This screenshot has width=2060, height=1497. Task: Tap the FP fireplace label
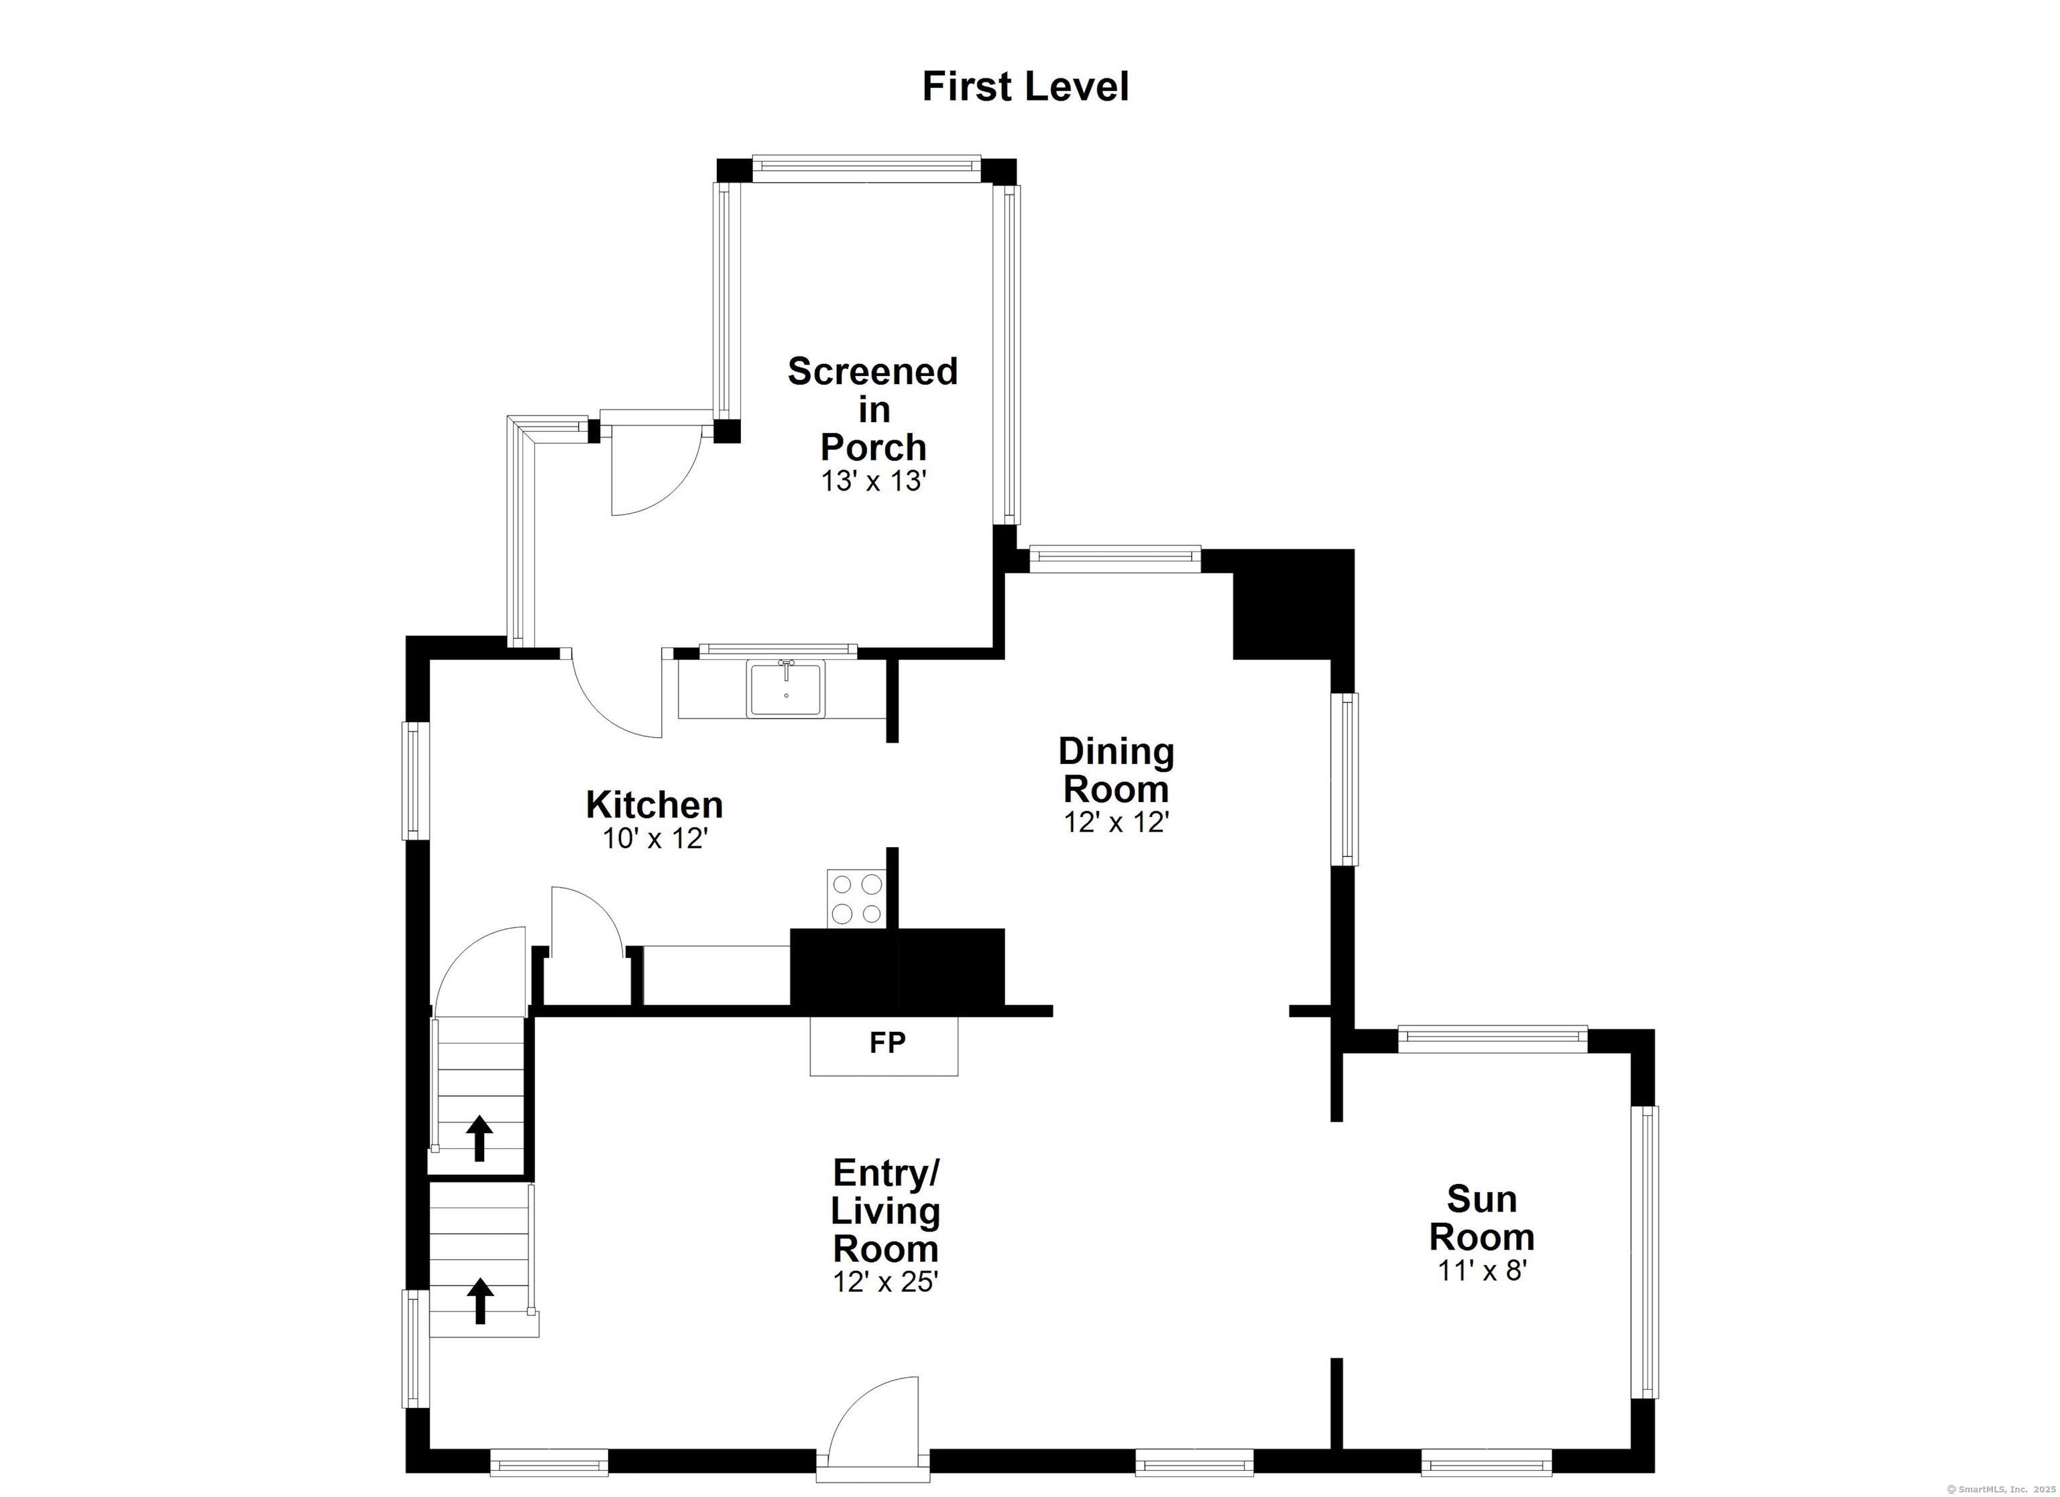(887, 1043)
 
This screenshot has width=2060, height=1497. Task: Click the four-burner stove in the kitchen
(856, 899)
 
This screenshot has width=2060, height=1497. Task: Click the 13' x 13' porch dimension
(873, 481)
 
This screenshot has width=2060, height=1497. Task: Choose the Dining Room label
(1117, 771)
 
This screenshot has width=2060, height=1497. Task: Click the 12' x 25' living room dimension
(886, 1282)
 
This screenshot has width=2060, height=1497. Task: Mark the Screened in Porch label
(873, 409)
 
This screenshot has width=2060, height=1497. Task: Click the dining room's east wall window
(1344, 779)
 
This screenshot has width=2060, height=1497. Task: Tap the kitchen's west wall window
(416, 781)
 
